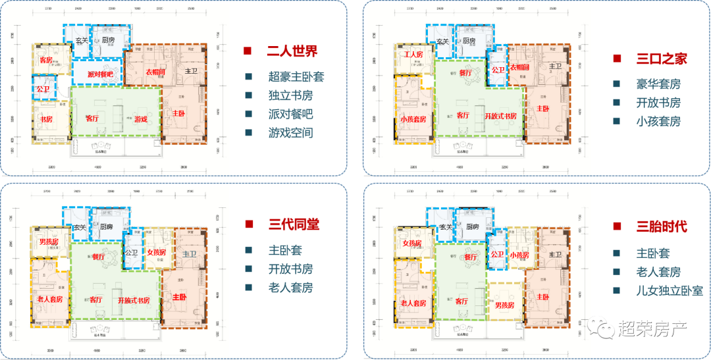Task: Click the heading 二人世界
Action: (292, 51)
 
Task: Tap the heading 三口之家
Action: (662, 59)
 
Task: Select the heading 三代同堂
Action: (293, 224)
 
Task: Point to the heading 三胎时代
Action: (662, 227)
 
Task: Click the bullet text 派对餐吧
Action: (291, 114)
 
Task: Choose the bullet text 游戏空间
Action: (291, 132)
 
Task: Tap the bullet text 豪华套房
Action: (658, 84)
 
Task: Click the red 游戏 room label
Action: (141, 120)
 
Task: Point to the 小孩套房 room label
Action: (413, 120)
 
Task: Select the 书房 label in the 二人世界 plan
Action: (46, 120)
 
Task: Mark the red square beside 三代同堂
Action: (248, 225)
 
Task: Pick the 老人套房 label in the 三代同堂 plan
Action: (50, 299)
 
